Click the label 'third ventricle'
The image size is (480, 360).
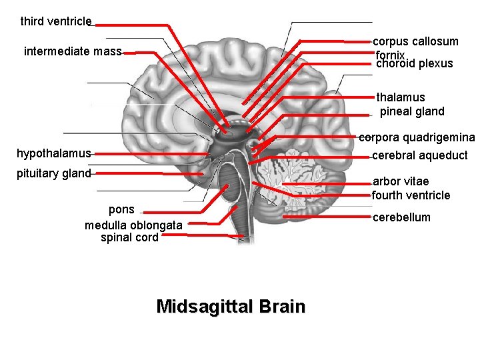[x=56, y=21]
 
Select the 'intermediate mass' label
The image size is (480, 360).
[x=73, y=51]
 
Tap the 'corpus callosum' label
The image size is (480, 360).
[x=415, y=41]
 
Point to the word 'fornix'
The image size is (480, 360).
[x=390, y=55]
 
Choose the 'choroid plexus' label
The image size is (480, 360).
[x=414, y=64]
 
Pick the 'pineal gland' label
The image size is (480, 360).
[x=411, y=111]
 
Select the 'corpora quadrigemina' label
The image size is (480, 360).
[x=417, y=138]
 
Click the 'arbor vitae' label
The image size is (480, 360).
[x=401, y=181]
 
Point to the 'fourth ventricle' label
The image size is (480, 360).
[x=411, y=195]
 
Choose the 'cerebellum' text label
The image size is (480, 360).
[x=401, y=217]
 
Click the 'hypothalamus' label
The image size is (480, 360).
[x=53, y=153]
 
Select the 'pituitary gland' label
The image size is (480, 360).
[x=53, y=173]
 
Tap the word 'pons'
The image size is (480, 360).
[x=121, y=209]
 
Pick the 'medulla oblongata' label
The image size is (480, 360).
[x=133, y=225]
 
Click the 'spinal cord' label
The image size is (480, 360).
[x=129, y=237]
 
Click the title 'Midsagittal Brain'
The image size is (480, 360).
[x=231, y=307]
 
